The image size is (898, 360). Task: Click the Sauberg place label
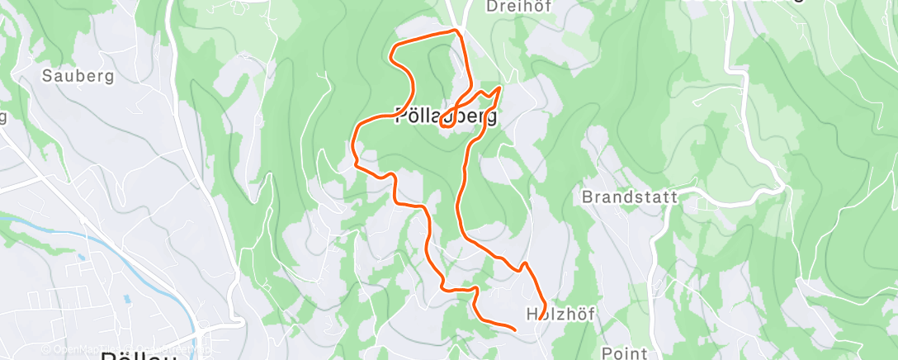click(78, 76)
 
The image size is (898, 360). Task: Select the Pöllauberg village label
click(447, 116)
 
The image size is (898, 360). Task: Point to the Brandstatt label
click(630, 197)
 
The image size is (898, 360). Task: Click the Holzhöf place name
click(560, 314)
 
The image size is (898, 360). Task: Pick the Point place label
click(625, 353)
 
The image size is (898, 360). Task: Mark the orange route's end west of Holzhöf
click(515, 329)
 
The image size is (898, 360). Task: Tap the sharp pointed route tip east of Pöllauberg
click(500, 87)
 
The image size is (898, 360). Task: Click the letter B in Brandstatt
click(587, 197)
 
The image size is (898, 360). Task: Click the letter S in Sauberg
click(47, 76)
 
